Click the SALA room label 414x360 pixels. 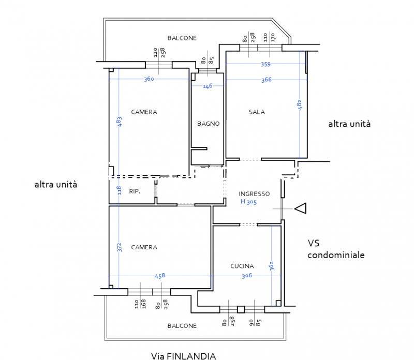coord(257,112)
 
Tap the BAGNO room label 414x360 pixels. coord(209,124)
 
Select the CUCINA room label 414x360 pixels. coord(242,266)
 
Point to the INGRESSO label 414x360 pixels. coord(254,194)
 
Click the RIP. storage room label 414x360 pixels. coord(135,191)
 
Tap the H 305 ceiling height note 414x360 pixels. coord(248,202)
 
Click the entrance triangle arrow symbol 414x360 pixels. coord(301,208)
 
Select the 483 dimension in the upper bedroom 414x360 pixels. coord(120,122)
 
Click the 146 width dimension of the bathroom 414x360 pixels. coord(208,86)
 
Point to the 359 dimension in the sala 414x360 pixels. coord(265,64)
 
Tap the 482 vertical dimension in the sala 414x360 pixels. coord(300,105)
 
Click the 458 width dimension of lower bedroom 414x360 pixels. coord(160,276)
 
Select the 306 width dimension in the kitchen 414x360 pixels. coord(247,276)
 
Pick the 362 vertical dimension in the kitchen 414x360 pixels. coord(272,266)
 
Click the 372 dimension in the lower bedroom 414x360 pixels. coord(120,247)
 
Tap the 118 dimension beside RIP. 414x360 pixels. coord(120,190)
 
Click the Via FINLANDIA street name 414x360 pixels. coord(184,356)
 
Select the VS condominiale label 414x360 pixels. coord(336,249)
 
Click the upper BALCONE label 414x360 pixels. coord(182,38)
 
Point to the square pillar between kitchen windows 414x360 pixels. coord(241,309)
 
